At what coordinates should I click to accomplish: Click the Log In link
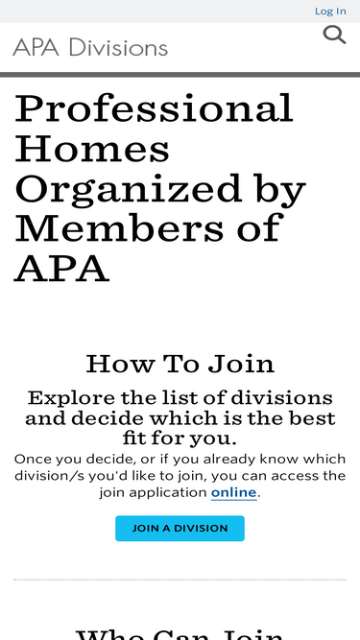pos(330,11)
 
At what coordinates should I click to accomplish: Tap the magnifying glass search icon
pos(334,36)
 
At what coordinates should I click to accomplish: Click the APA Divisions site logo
pos(90,47)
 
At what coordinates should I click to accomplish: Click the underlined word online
pos(234,492)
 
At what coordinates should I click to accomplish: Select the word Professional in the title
pos(154,108)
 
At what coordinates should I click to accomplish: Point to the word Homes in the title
pos(92,149)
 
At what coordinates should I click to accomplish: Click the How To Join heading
pos(180,364)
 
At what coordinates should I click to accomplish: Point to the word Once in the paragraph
pos(33,459)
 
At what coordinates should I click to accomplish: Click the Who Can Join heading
pos(180,633)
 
